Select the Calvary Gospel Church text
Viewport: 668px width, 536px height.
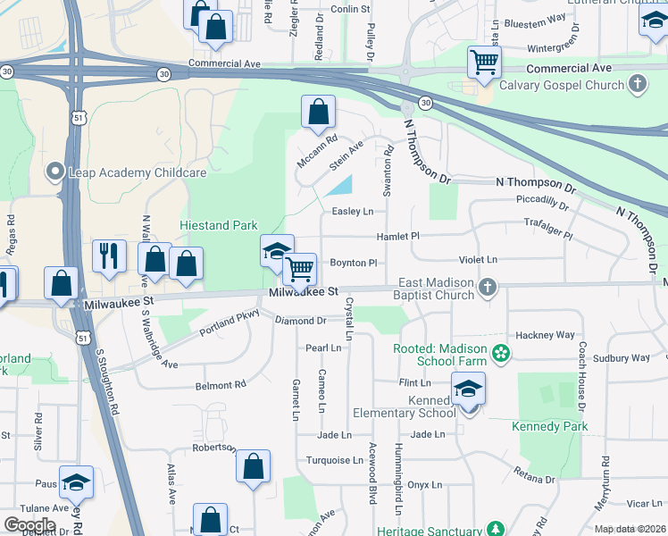[562, 85]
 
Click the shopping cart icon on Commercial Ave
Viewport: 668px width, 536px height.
[484, 62]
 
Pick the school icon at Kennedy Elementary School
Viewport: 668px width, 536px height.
[468, 389]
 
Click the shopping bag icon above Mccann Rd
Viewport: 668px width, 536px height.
[318, 112]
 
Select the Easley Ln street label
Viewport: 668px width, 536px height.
[352, 212]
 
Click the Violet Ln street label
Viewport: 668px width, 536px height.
[478, 260]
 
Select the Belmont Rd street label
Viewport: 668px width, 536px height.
[221, 385]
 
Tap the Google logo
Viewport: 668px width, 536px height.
[29, 524]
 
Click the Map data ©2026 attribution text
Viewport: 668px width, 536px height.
[630, 529]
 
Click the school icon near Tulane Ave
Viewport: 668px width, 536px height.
[76, 482]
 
